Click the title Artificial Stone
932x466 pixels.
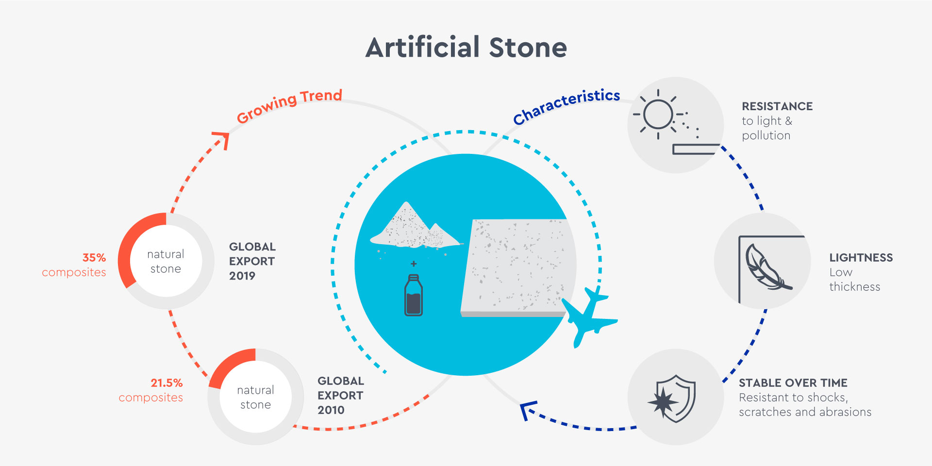pos(466,48)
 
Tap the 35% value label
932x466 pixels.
pos(94,257)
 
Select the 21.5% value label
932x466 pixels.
pos(166,383)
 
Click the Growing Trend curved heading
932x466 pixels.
pos(289,105)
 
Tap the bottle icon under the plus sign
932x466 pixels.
pos(414,295)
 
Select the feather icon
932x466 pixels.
pos(768,266)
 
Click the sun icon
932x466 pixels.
pos(659,115)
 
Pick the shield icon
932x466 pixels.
pos(673,398)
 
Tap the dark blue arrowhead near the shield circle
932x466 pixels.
pos(528,410)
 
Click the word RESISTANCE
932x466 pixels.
pos(777,106)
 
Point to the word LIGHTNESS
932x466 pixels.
pos(861,258)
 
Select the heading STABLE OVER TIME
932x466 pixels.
pos(793,383)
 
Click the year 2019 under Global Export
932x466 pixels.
pos(242,276)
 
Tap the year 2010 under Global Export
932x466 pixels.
pos(331,410)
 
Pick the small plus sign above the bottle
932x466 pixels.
pos(414,264)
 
